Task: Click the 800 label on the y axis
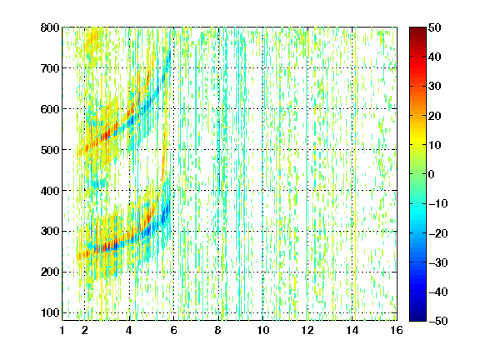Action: [50, 27]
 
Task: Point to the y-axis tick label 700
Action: [50, 68]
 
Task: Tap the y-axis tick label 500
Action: [50, 150]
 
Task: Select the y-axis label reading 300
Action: [50, 231]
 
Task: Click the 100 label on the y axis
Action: [50, 312]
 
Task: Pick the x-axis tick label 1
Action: [62, 330]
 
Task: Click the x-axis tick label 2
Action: [85, 330]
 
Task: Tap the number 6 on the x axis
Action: [174, 330]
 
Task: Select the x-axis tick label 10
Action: [263, 330]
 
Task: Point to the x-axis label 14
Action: [352, 330]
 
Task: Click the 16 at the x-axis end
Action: [397, 330]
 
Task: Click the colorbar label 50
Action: [435, 27]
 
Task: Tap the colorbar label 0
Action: [432, 174]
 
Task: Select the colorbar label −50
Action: [438, 321]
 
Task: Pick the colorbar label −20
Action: [438, 233]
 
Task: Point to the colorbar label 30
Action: [435, 87]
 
